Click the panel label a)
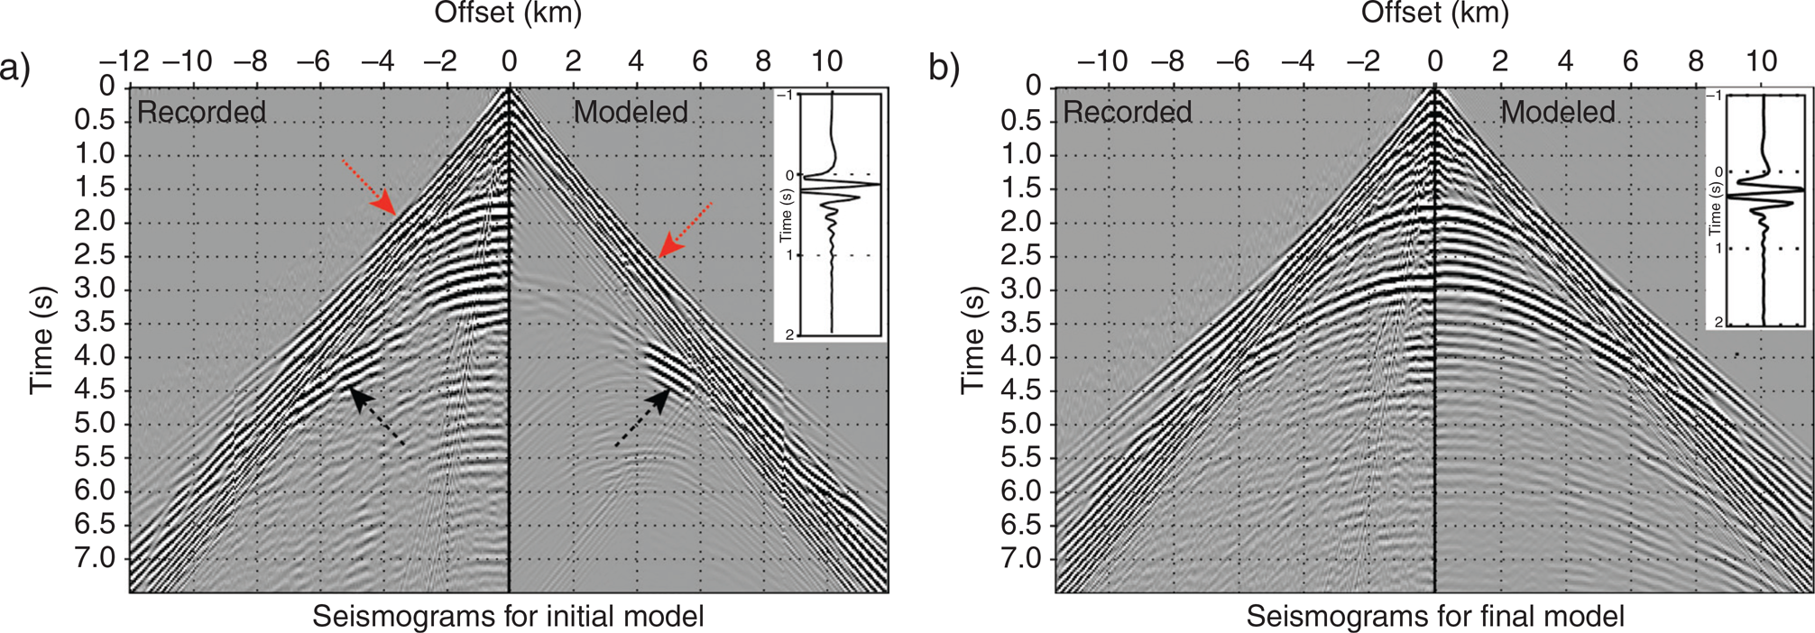point(15,68)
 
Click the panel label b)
point(944,68)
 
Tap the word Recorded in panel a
point(201,112)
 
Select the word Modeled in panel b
point(1557,112)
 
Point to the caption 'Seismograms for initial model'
point(508,617)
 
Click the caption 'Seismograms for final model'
point(1435,617)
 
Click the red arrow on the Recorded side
point(370,188)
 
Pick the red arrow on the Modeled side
point(685,231)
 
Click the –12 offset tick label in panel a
point(124,61)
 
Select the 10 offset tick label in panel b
point(1761,61)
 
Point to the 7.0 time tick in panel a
point(95,558)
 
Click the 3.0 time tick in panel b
point(1021,289)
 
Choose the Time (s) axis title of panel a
point(41,340)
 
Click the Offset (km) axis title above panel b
point(1434,13)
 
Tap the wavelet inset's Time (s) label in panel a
point(787,215)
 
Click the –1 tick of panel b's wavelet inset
point(1716,96)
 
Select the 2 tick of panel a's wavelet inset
point(789,335)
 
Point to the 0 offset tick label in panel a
point(510,61)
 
